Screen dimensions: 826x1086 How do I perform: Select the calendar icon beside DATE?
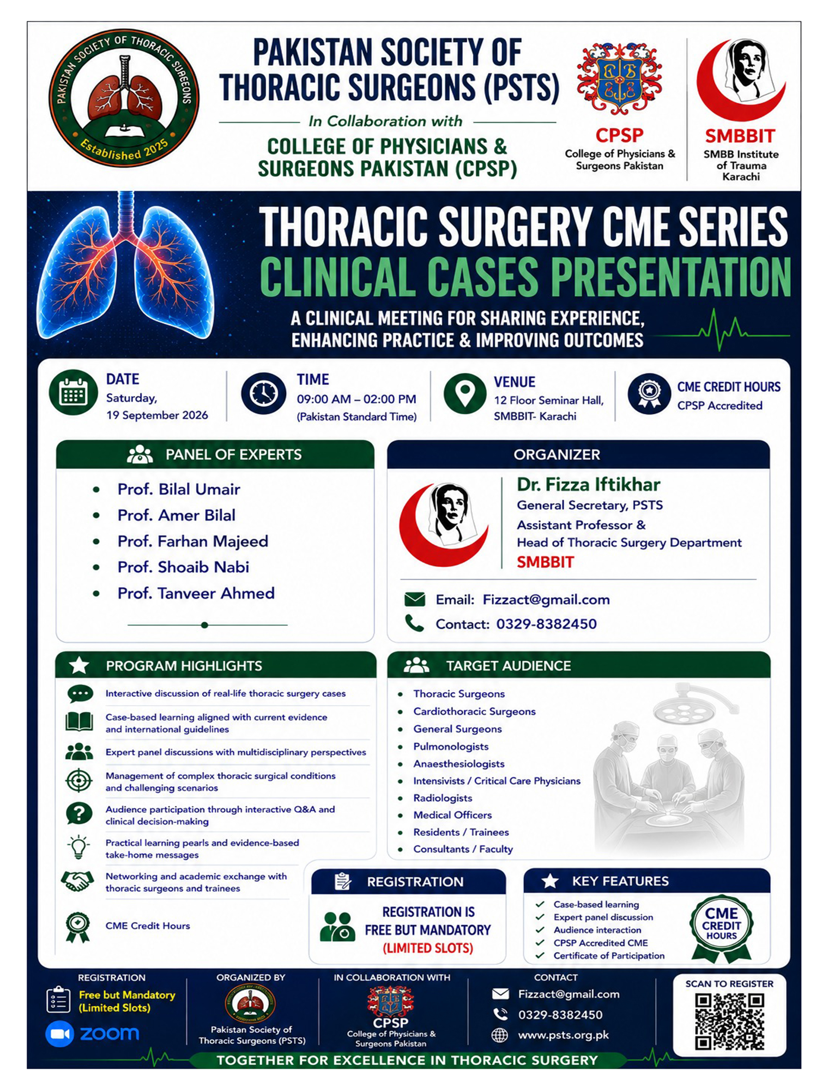(x=73, y=392)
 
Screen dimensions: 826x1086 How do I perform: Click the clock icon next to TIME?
(x=263, y=393)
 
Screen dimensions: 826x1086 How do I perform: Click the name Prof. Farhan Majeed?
(x=193, y=541)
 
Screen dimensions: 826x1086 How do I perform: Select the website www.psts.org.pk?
(x=563, y=1035)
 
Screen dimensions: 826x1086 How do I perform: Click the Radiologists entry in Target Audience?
(x=442, y=798)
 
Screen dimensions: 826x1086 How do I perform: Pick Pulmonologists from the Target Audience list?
(x=451, y=746)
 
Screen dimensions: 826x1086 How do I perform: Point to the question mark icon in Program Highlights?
(x=79, y=814)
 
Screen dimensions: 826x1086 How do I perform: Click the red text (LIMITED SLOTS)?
(x=428, y=948)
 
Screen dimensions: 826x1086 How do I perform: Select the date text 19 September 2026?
(x=157, y=415)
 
